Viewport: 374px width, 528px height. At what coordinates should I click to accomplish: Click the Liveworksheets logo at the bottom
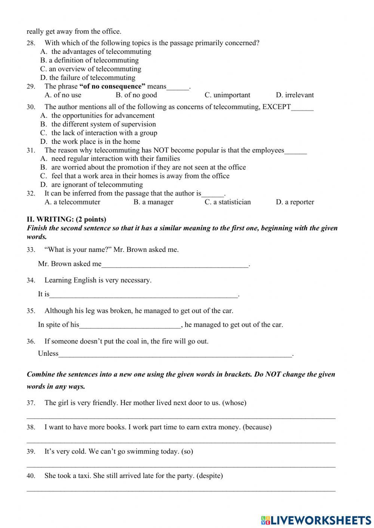(x=316, y=520)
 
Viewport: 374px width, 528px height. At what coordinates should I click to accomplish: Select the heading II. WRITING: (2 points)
(x=66, y=219)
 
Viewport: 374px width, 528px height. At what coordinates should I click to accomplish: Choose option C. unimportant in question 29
(x=227, y=95)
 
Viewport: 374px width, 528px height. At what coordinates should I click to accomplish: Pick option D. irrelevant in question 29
(x=295, y=95)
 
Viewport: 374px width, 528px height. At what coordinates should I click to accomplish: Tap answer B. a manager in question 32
(x=153, y=202)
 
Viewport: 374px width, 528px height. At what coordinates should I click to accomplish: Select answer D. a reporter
(x=295, y=202)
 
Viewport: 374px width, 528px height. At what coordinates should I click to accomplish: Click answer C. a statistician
(x=227, y=202)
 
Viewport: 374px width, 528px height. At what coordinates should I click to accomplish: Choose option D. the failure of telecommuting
(x=88, y=78)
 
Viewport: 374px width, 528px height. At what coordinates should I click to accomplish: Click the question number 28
(x=31, y=43)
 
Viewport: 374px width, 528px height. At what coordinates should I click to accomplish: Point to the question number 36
(x=31, y=341)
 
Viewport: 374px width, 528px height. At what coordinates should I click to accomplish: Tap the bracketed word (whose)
(x=234, y=403)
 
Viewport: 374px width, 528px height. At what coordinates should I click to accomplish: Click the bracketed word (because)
(x=257, y=427)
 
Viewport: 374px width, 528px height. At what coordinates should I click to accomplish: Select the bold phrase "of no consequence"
(x=112, y=86)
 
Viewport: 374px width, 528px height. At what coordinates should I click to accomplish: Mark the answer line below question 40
(x=181, y=490)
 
